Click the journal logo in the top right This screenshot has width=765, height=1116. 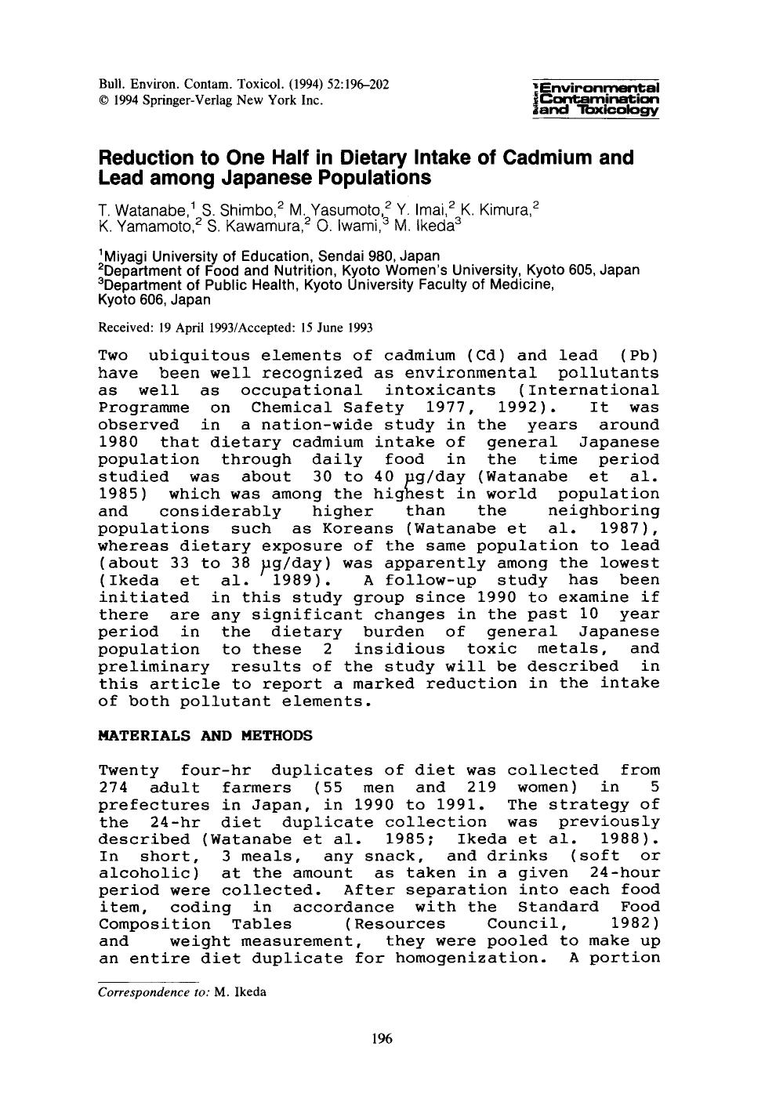coord(595,99)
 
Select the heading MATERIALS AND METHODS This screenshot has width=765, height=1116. coord(205,736)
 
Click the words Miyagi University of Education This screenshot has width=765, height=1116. coord(203,256)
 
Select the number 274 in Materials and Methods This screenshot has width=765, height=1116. coord(114,788)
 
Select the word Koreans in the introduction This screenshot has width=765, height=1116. coord(358,529)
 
